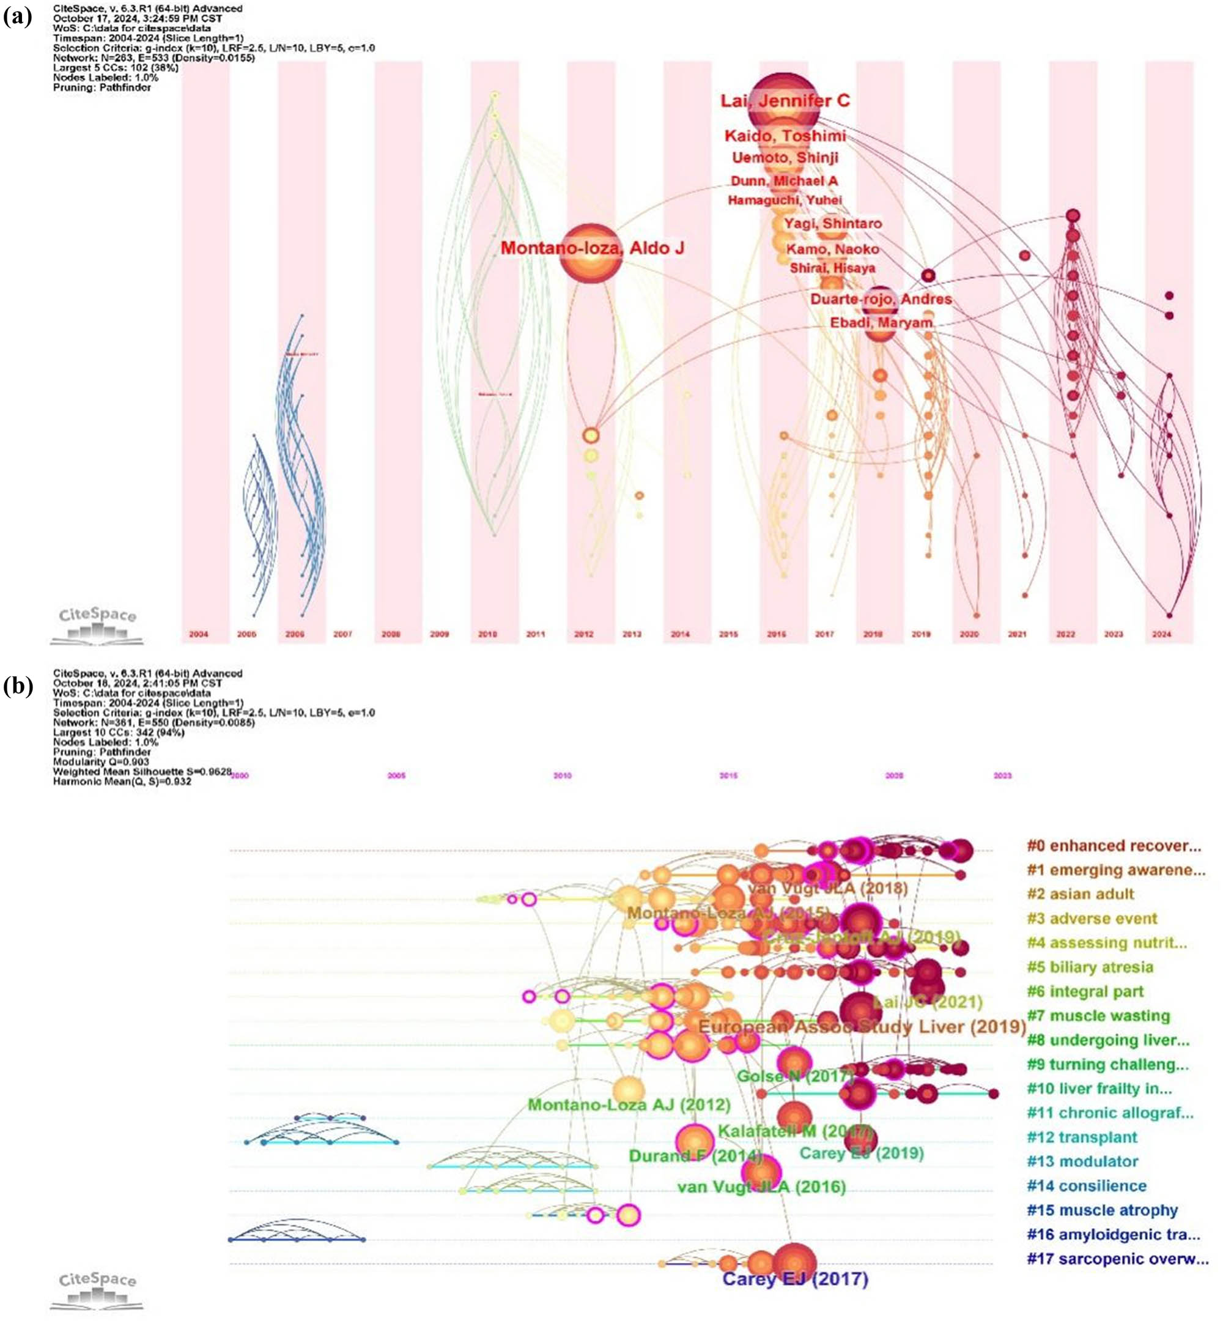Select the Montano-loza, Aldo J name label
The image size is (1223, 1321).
pos(593,248)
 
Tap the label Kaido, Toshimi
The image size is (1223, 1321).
pos(785,136)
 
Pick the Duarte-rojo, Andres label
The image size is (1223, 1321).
pos(881,299)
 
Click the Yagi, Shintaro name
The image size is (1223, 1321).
pos(832,224)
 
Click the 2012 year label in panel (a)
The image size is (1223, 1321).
pos(584,634)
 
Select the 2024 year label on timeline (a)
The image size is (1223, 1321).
pos(1161,634)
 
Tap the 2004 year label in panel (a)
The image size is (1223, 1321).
pos(199,634)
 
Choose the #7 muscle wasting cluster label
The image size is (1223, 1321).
pos(1098,1015)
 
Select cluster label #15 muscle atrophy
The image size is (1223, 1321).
pos(1102,1210)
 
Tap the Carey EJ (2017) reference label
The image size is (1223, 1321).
pos(795,1279)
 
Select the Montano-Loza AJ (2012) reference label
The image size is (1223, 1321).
pos(629,1105)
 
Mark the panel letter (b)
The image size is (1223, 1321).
pos(18,687)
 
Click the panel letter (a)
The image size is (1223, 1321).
pos(18,17)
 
